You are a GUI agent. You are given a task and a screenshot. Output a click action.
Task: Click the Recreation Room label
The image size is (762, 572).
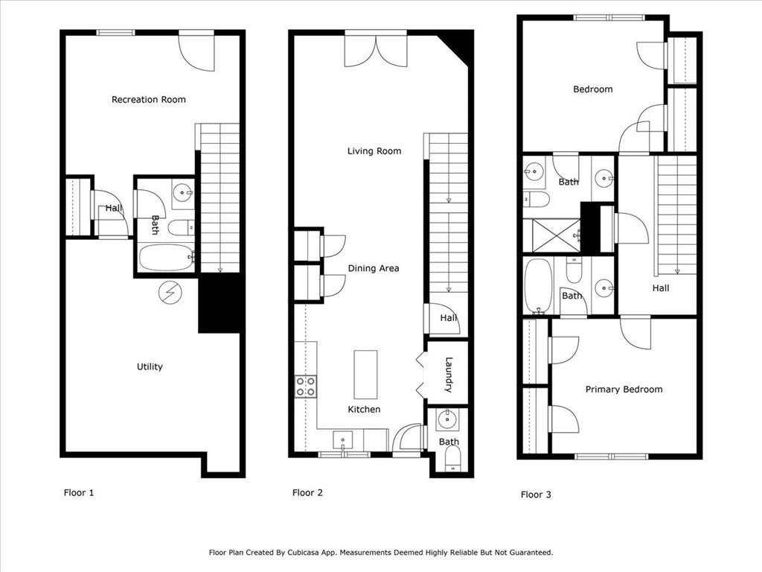[149, 100]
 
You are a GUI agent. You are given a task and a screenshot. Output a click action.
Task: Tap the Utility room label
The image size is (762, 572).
[150, 366]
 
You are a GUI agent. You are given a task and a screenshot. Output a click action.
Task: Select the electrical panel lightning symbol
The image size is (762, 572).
[170, 293]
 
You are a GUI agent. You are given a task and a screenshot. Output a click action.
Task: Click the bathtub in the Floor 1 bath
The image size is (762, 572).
[166, 257]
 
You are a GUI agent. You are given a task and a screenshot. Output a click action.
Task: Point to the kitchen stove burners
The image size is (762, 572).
[306, 387]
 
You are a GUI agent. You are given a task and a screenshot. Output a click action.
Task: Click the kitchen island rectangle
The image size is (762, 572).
[365, 375]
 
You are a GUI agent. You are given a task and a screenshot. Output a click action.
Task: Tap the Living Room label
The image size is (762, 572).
[374, 151]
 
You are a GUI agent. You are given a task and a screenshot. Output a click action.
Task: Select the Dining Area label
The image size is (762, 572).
[374, 268]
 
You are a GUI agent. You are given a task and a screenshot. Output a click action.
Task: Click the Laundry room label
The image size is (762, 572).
[449, 375]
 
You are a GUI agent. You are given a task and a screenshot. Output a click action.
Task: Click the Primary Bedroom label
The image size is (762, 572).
[624, 390]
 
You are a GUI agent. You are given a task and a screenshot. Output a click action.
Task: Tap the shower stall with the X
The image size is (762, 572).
[557, 235]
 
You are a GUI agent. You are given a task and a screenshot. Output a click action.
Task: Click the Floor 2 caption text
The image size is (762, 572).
[307, 493]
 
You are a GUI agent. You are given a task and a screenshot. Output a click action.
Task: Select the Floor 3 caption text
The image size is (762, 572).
[536, 495]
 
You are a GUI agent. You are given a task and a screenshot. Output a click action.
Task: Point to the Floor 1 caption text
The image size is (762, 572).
[79, 493]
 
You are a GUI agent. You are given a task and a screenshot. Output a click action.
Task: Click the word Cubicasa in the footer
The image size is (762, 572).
[306, 553]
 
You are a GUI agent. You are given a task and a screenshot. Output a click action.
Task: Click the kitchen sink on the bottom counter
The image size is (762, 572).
[342, 440]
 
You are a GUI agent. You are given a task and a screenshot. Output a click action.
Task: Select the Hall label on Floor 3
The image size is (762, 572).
[661, 288]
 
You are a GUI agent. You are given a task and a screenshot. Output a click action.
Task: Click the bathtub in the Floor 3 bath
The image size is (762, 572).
[539, 285]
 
